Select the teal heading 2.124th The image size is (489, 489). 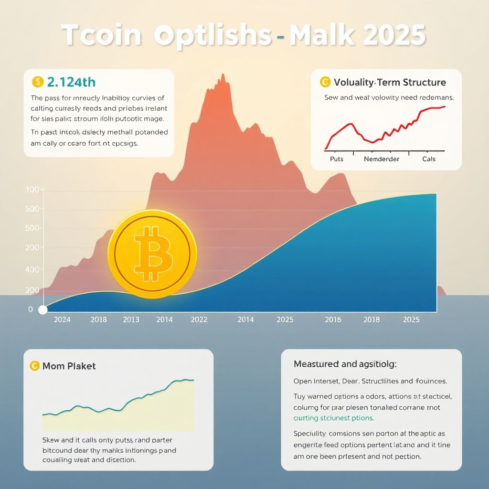(x=72, y=82)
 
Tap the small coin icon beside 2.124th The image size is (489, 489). (x=38, y=82)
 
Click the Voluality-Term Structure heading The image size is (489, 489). (x=390, y=82)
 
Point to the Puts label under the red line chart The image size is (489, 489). (x=337, y=159)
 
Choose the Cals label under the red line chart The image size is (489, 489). (x=429, y=159)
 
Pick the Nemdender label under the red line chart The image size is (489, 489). (x=382, y=159)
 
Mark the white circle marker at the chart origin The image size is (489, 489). (x=43, y=310)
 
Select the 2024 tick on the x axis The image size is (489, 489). (x=62, y=319)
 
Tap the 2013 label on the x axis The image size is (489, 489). (x=131, y=319)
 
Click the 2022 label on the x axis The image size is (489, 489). (x=199, y=319)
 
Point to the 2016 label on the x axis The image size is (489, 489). (x=333, y=319)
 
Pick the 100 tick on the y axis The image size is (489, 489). (x=32, y=190)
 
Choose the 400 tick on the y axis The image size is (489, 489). (x=32, y=270)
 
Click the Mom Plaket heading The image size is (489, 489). (x=69, y=366)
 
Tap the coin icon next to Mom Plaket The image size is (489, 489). (x=34, y=366)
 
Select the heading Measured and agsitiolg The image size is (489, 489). (x=345, y=364)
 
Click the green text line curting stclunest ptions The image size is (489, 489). (x=333, y=418)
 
